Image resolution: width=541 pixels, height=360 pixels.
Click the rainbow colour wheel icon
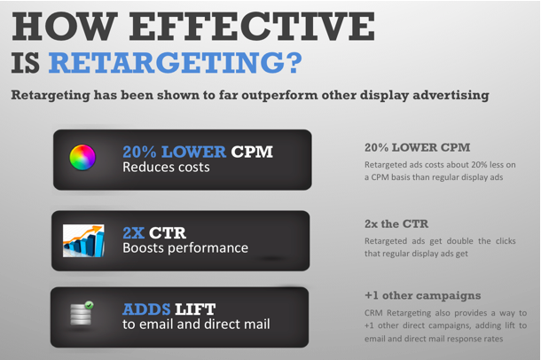[x=82, y=158]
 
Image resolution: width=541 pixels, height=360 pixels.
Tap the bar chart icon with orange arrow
[x=83, y=240]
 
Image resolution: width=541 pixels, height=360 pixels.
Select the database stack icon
[x=81, y=313]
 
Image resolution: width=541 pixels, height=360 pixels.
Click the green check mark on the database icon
[x=89, y=305]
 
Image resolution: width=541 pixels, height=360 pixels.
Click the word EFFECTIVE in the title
[x=252, y=27]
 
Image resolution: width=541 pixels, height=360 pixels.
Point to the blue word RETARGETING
[x=169, y=62]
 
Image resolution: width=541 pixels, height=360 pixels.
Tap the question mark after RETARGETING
[x=295, y=62]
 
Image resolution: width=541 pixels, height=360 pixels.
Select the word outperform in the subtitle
[x=279, y=96]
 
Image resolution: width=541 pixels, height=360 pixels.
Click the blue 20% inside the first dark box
[x=139, y=152]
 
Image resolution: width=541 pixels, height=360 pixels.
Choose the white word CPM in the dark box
[x=252, y=152]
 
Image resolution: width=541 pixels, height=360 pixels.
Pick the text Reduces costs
[x=166, y=168]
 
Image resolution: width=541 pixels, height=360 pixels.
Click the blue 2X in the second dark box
[x=134, y=233]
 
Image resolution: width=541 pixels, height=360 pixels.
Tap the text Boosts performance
[x=185, y=248]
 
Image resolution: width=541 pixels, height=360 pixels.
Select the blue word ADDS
[x=146, y=309]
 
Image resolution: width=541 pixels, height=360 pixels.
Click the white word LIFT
[x=196, y=309]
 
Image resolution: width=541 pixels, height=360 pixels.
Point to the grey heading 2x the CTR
[x=396, y=224]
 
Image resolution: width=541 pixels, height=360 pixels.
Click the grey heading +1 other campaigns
[x=423, y=296]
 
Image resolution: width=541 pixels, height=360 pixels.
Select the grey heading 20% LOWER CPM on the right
[x=418, y=147]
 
